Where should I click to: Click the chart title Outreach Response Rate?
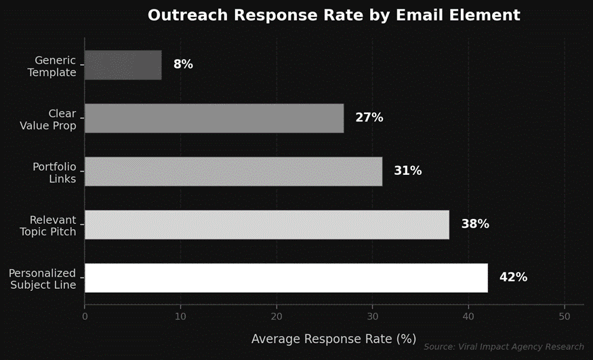[x=333, y=15]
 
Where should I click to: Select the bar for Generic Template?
[x=123, y=65]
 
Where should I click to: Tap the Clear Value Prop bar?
[x=214, y=118]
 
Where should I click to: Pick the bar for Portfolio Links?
[x=233, y=172]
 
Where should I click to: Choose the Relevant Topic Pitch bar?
[x=266, y=224]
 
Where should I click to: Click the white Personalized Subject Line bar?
[x=286, y=278]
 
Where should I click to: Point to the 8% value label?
[x=183, y=64]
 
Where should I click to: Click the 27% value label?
[x=369, y=118]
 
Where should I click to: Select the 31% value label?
[x=407, y=171]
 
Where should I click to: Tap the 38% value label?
[x=474, y=224]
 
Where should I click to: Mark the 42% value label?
[x=513, y=277]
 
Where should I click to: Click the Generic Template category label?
[x=52, y=66]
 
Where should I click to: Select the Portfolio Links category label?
[x=54, y=173]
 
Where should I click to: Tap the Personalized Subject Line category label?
[x=42, y=279]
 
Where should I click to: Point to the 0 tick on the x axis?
[x=85, y=316]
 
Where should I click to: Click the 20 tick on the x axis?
[x=277, y=316]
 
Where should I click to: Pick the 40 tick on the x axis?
[x=468, y=316]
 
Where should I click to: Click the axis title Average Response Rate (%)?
[x=333, y=338]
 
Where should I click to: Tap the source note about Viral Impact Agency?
[x=504, y=347]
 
